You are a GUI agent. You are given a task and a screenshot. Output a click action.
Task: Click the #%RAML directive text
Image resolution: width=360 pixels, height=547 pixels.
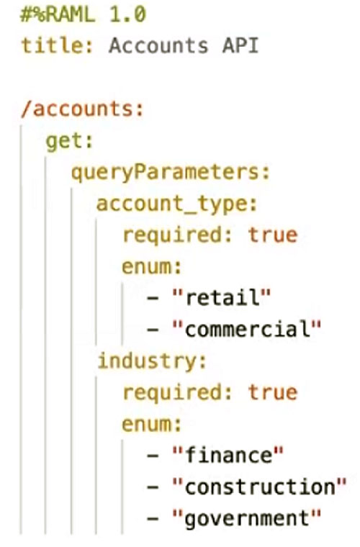coord(58,15)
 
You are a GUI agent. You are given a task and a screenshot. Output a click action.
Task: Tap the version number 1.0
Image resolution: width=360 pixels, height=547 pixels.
coord(128,15)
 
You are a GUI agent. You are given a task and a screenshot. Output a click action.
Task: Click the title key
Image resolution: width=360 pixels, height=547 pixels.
coord(57,45)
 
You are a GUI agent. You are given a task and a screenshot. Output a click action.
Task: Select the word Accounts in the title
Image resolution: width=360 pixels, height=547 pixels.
coord(158,45)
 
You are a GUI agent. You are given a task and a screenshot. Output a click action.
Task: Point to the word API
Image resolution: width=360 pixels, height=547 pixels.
coord(240,45)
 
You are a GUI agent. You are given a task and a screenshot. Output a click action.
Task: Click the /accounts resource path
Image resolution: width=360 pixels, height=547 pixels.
coord(82,109)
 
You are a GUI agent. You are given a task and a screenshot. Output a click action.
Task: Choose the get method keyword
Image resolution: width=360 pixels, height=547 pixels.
coord(69,142)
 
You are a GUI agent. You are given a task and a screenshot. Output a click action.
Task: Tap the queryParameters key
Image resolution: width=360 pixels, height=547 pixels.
coord(171,172)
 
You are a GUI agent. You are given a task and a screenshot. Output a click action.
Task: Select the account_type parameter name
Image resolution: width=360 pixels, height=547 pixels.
coord(177,204)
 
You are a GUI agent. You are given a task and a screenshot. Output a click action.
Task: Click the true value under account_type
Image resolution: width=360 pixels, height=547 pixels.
coord(273,235)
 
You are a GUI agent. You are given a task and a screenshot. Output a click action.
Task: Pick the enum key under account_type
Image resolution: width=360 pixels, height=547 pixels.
coord(152,266)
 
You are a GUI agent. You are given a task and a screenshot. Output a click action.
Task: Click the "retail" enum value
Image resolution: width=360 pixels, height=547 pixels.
coord(221,298)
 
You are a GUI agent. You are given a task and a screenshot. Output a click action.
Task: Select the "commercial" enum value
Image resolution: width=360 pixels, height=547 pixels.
coord(246,329)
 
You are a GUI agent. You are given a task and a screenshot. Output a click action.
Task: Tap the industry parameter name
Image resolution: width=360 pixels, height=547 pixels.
coord(152,361)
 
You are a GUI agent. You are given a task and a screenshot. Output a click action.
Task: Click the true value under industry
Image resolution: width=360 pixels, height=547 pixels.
coord(273,392)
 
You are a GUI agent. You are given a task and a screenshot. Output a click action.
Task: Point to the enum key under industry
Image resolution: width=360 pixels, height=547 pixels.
coord(152,424)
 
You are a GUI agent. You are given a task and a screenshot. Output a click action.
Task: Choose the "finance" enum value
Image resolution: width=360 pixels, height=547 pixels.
coord(228,456)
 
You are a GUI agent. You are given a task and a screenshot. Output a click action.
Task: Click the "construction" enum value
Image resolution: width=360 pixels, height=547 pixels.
coord(259,487)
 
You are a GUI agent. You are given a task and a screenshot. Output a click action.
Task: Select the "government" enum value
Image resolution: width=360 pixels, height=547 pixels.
coord(246,519)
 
